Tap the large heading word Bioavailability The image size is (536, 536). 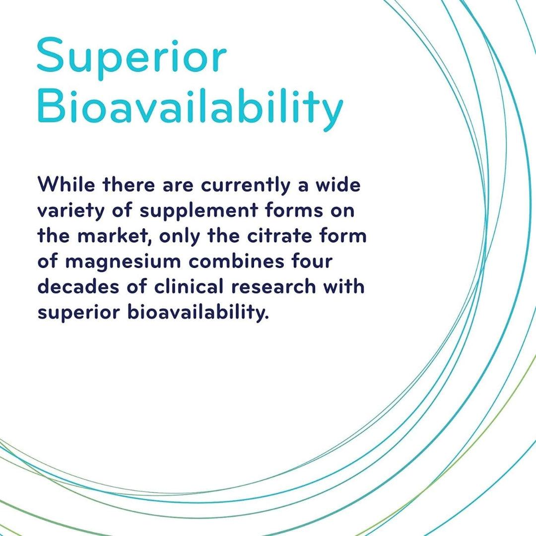click(x=190, y=107)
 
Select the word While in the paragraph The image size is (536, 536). click(x=67, y=185)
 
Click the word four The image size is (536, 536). click(x=312, y=261)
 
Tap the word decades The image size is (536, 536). click(x=78, y=286)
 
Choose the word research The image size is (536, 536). click(x=273, y=286)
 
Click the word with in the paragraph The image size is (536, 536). click(x=344, y=286)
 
